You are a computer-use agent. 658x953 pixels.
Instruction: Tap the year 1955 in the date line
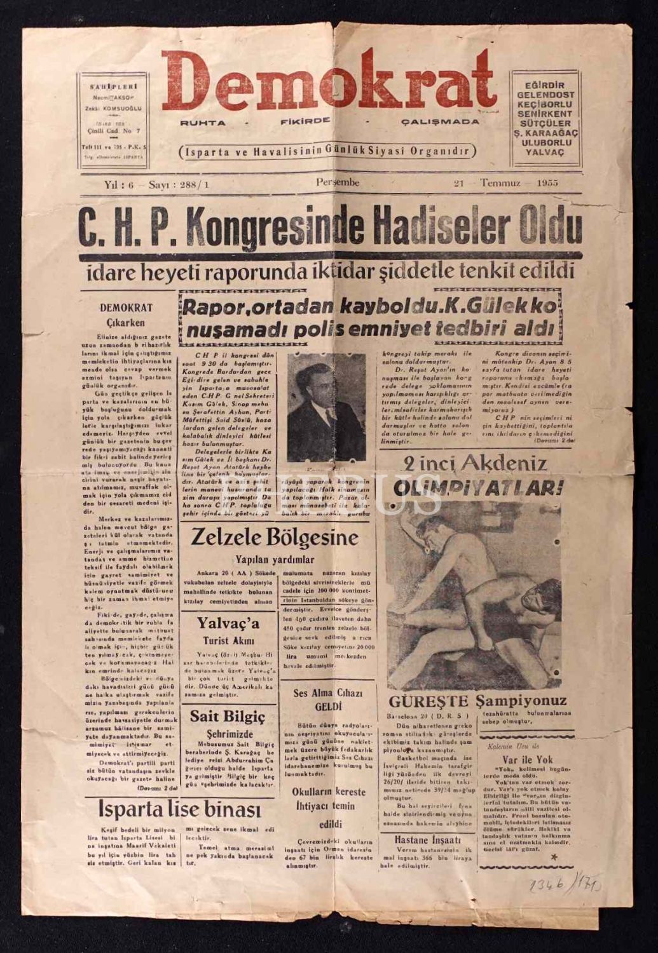click(x=546, y=183)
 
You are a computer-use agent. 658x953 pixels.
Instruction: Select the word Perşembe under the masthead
click(x=338, y=183)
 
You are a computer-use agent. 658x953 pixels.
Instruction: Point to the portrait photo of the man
click(x=326, y=407)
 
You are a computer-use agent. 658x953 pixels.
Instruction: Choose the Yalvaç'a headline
click(x=228, y=623)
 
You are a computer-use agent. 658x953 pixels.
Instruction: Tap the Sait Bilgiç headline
click(x=228, y=717)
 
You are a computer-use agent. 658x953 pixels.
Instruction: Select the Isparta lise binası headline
click(x=179, y=809)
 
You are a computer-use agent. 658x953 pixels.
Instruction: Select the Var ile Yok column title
click(x=518, y=759)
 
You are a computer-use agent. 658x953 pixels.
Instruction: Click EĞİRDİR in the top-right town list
click(x=545, y=86)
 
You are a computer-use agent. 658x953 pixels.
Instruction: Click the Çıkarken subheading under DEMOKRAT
click(x=126, y=322)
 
